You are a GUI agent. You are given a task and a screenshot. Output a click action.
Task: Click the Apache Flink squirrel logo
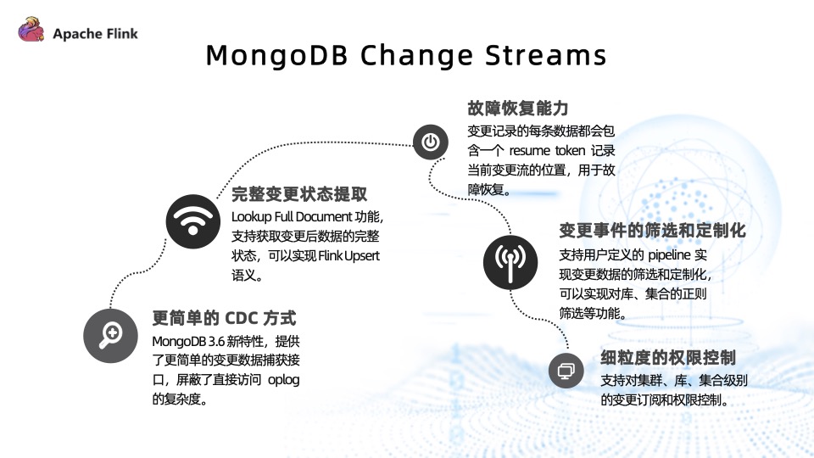tap(31, 31)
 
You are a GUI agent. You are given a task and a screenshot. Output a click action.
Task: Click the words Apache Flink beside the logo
tap(95, 34)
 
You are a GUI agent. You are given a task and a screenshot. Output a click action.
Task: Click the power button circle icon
tap(431, 142)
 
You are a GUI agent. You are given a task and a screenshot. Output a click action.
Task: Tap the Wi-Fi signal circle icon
tap(192, 221)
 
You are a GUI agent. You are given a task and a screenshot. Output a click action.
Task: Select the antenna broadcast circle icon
tap(510, 260)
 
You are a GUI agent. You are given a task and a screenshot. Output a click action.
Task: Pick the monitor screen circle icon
tap(566, 371)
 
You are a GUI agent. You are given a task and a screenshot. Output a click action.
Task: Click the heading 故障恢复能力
tap(517, 109)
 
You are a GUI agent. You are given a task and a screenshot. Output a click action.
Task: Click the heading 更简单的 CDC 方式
tap(224, 319)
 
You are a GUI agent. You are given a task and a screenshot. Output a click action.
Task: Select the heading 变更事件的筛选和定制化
tap(652, 231)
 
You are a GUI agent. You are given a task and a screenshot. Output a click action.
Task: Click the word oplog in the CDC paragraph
tap(283, 379)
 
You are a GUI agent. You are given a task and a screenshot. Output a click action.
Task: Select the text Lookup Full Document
tap(281, 216)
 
